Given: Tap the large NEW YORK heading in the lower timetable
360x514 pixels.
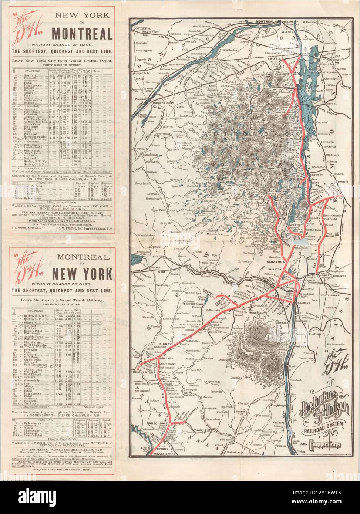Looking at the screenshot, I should [82, 275].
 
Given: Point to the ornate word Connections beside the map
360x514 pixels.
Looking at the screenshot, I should [325, 444].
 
